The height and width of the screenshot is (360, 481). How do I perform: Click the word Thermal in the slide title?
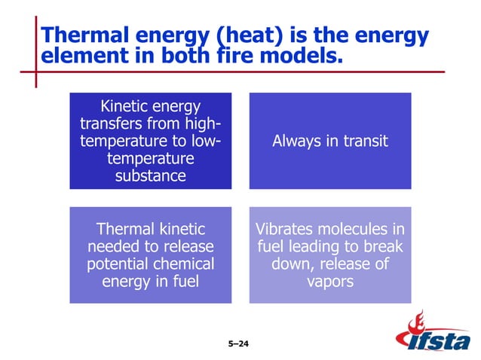point(81,35)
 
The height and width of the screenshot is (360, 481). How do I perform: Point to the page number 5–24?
point(238,345)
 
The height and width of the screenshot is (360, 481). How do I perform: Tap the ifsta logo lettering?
point(440,343)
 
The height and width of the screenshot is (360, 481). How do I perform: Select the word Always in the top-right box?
point(297,141)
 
